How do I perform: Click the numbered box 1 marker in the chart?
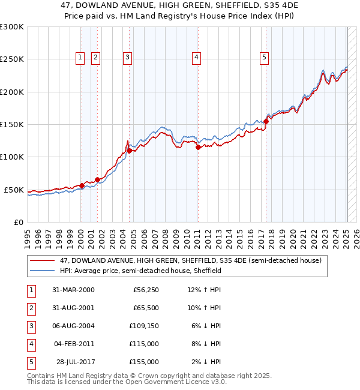[80, 58]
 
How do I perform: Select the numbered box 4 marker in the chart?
[196, 58]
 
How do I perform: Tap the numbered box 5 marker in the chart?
[265, 58]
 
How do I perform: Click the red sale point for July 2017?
[266, 121]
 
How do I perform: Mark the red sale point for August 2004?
[129, 151]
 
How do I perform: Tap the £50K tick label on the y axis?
[14, 190]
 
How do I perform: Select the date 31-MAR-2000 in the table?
[74, 290]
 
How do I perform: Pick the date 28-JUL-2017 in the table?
[75, 362]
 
